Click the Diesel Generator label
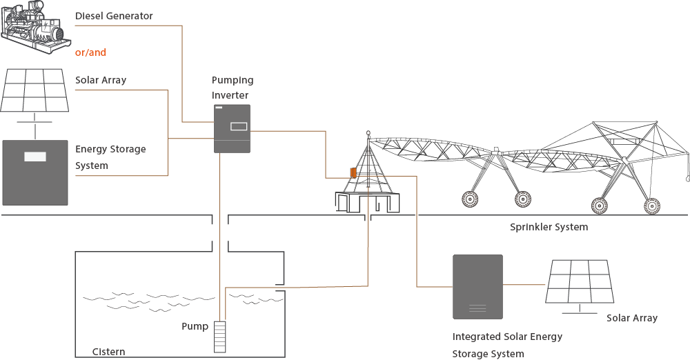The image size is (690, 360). [114, 16]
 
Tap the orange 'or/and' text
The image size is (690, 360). [90, 52]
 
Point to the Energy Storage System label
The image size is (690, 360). [110, 157]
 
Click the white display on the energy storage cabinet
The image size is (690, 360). [35, 157]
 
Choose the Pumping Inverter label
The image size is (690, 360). [233, 88]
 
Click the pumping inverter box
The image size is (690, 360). [232, 129]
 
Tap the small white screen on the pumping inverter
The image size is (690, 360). [238, 126]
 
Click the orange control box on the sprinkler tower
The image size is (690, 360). [353, 172]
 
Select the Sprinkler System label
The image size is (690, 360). [549, 227]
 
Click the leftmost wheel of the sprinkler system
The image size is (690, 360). [470, 200]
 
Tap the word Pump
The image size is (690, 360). [195, 326]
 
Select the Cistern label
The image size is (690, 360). [109, 352]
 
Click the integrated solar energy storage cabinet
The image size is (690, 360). [477, 287]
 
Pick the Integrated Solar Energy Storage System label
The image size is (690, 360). [507, 345]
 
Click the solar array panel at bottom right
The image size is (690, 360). [580, 281]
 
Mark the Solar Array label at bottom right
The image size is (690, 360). [632, 318]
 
